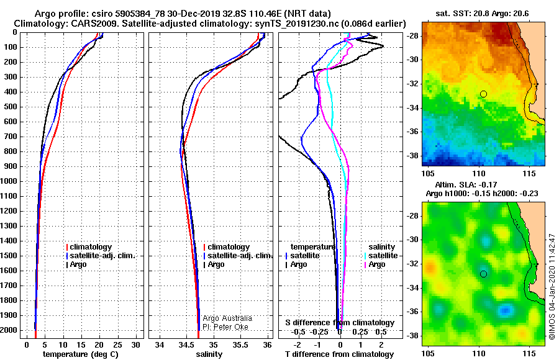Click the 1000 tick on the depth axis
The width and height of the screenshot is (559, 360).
click(9, 181)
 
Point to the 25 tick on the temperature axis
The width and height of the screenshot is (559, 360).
click(117, 345)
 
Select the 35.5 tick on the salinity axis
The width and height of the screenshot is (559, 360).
click(240, 345)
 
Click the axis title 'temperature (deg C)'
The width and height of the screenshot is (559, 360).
click(81, 354)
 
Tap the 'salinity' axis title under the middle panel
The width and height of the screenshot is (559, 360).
click(209, 354)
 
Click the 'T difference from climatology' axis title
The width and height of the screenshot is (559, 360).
click(339, 354)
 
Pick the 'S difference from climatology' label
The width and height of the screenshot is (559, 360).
click(340, 323)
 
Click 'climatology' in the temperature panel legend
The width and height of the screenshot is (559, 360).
click(91, 247)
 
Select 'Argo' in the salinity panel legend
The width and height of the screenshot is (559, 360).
click(216, 264)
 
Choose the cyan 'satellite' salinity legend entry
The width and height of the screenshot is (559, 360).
click(383, 256)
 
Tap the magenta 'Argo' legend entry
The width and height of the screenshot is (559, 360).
click(377, 264)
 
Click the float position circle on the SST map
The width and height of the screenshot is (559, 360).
click(483, 94)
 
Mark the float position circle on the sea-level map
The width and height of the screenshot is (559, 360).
click(483, 274)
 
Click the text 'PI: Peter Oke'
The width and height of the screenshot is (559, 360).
click(225, 327)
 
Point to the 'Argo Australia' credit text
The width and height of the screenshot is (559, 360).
click(227, 318)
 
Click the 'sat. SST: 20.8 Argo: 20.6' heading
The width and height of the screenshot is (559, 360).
click(482, 14)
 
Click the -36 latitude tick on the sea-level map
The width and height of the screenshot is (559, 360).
click(413, 311)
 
